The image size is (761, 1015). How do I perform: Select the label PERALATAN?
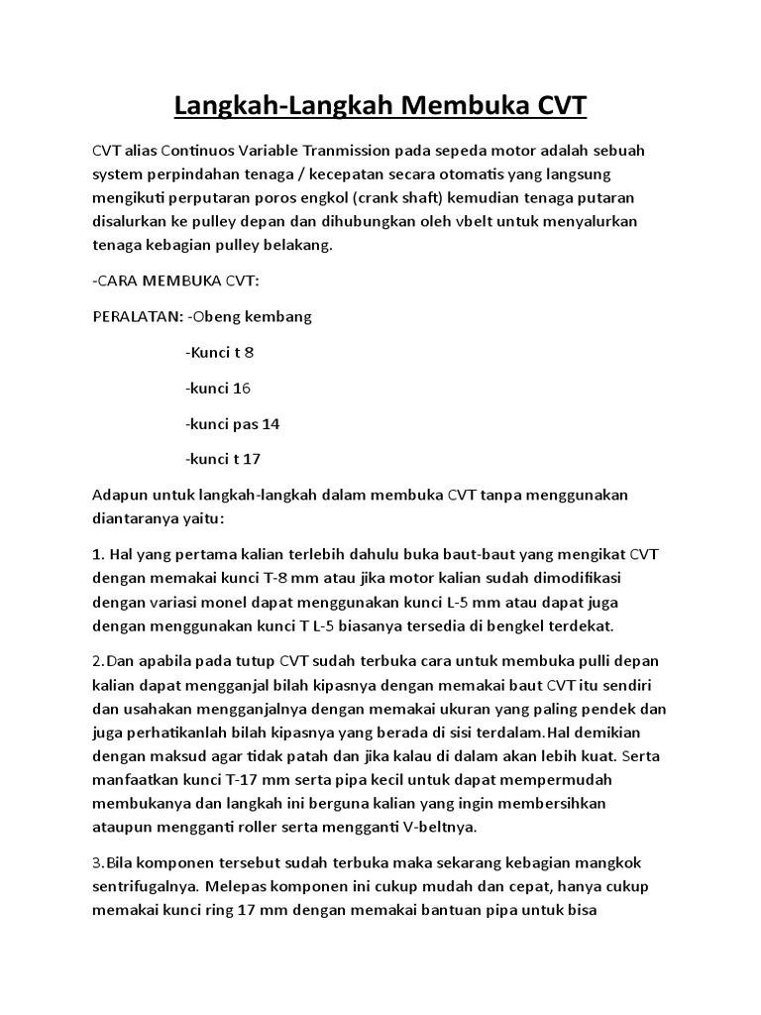135,316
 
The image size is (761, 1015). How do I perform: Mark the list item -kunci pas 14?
233,423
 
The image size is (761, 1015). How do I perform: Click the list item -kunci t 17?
222,459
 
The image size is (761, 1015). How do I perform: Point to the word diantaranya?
137,517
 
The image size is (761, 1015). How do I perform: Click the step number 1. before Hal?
97,553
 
